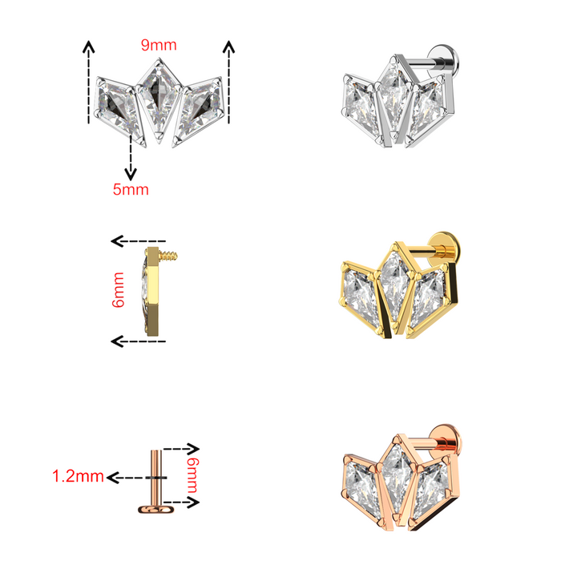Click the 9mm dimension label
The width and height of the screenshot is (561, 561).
pyautogui.click(x=158, y=45)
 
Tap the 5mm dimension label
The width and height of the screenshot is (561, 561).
pyautogui.click(x=131, y=189)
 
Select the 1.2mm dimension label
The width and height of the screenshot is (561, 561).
pyautogui.click(x=78, y=477)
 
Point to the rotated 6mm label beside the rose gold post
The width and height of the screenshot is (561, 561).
pyautogui.click(x=193, y=473)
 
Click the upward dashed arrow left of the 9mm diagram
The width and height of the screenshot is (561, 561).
pyautogui.click(x=87, y=80)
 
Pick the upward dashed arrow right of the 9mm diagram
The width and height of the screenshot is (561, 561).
pyautogui.click(x=229, y=80)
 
